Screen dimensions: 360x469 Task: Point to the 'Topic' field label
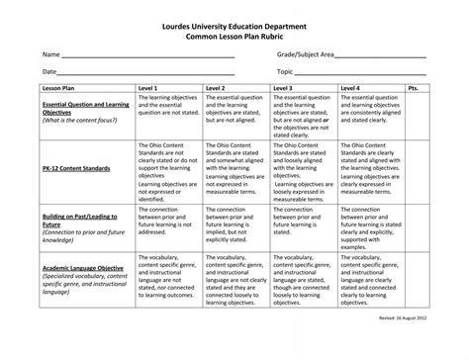tap(286, 72)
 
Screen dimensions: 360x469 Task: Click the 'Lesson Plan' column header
tap(58, 88)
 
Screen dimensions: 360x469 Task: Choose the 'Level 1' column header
tap(148, 88)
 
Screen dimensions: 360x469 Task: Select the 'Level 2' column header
tap(216, 88)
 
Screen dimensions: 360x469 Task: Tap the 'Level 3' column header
tap(284, 88)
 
